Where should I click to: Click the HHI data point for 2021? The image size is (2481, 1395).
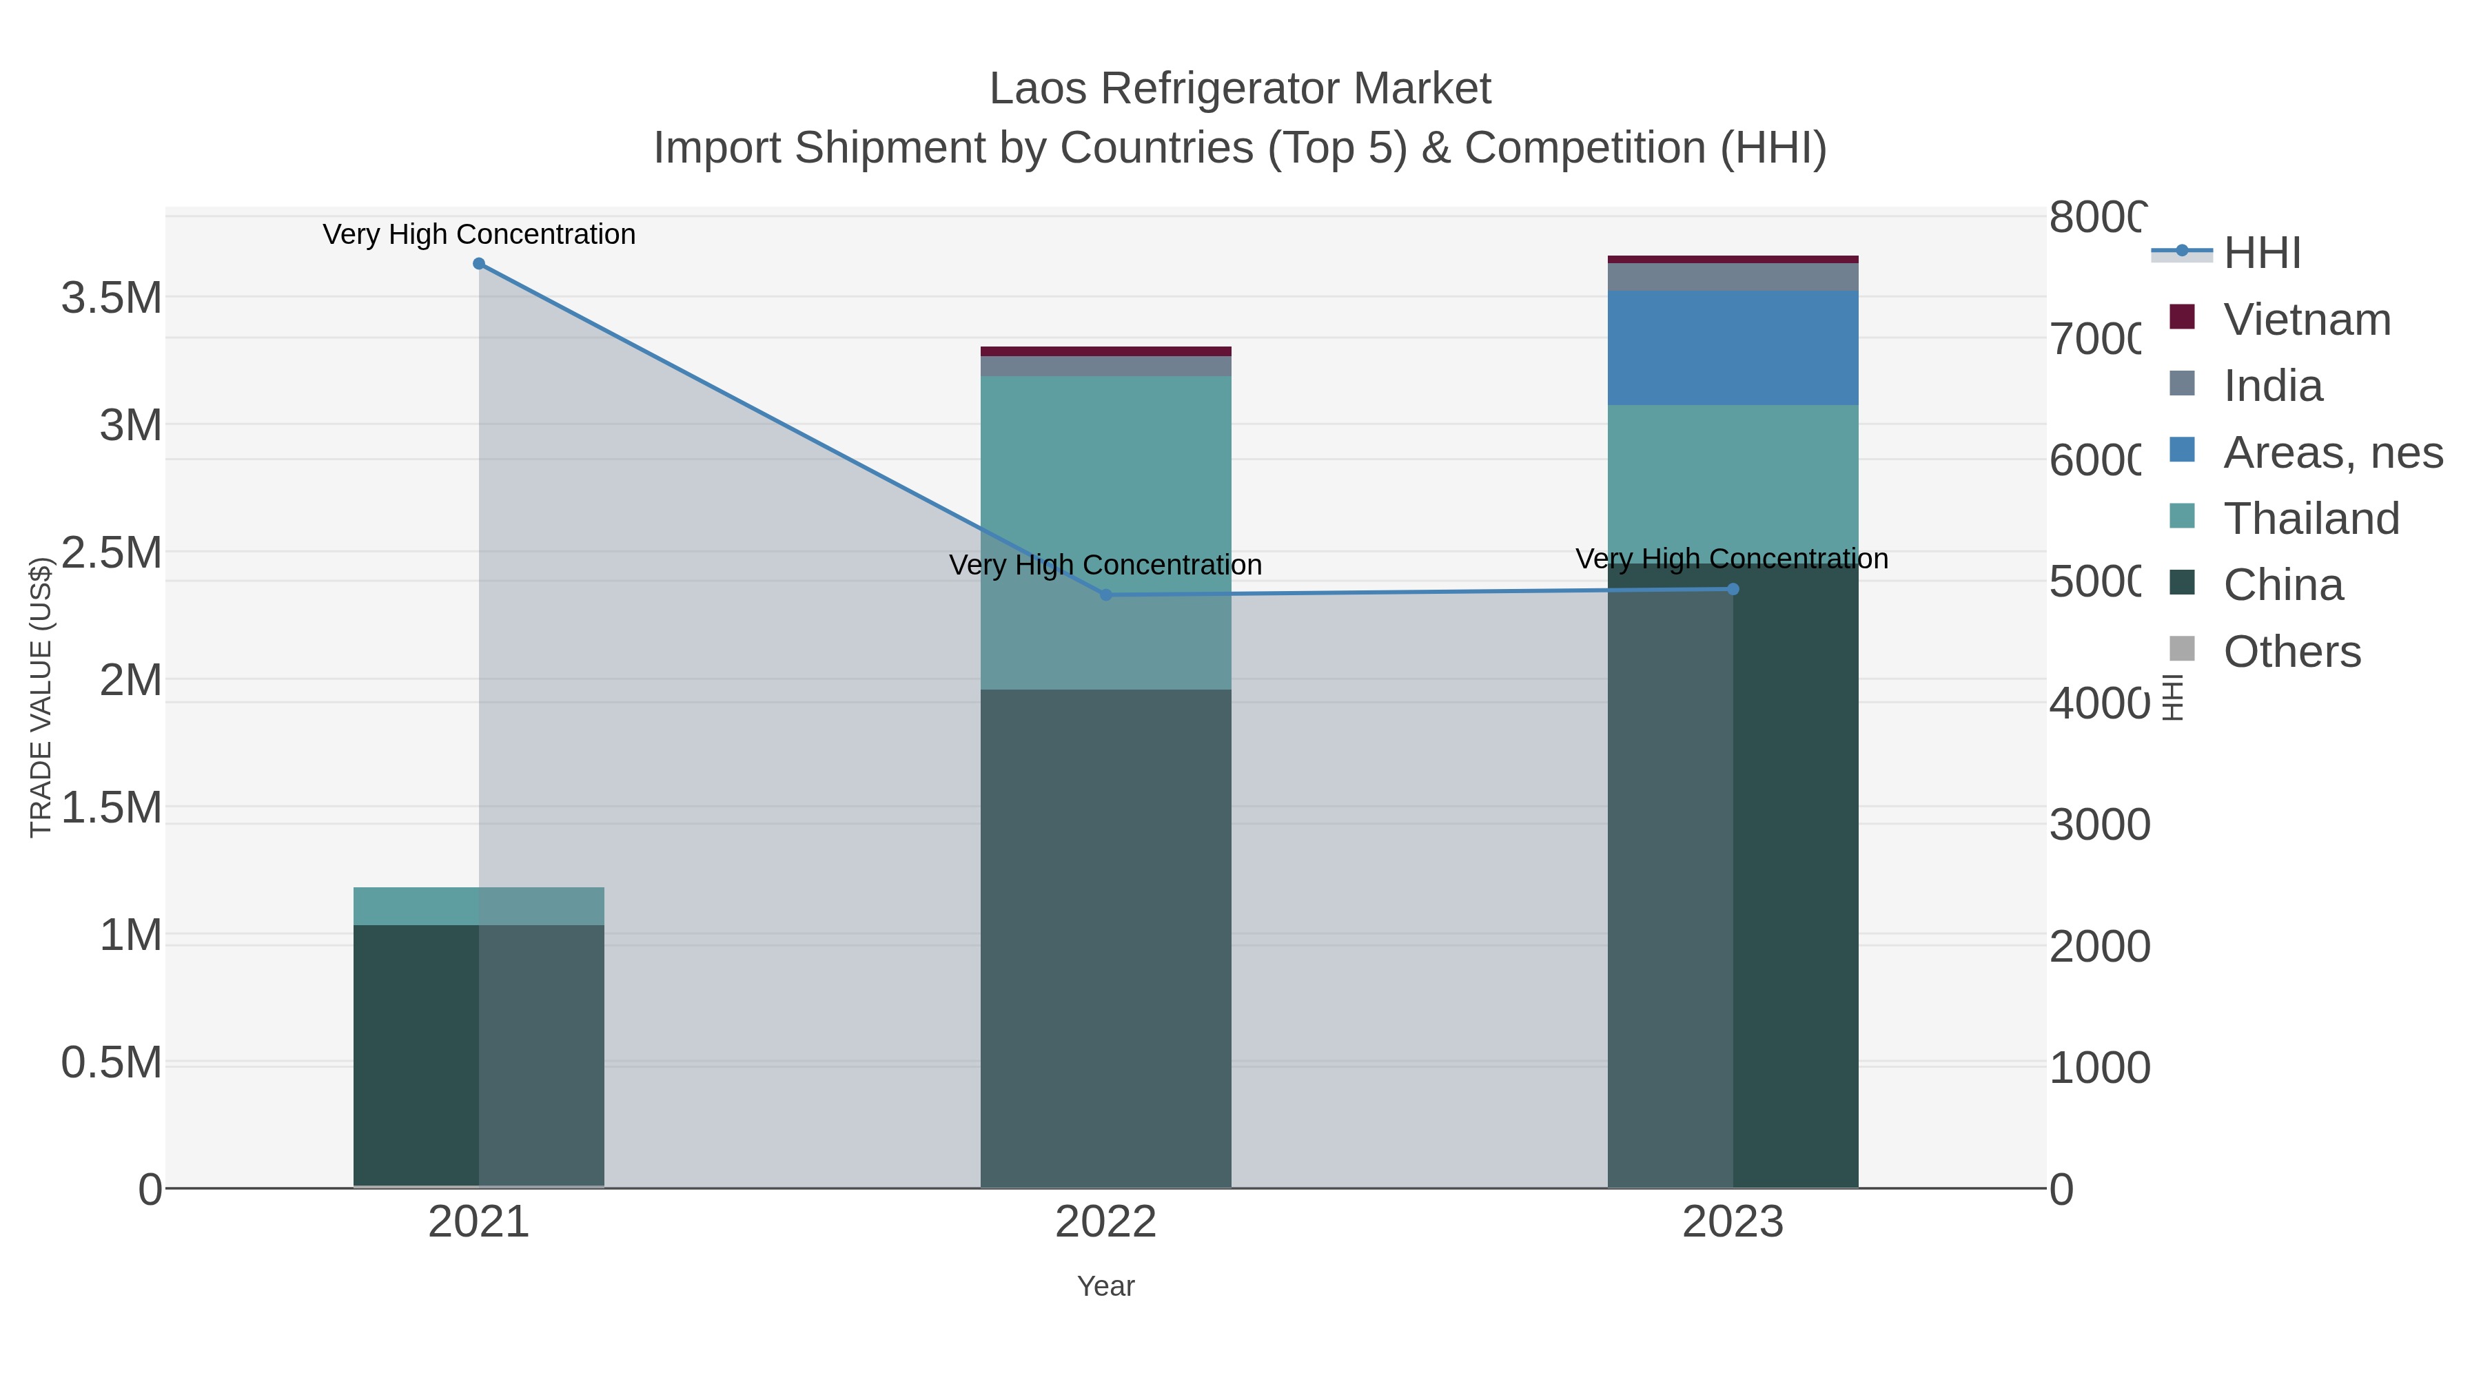click(x=479, y=264)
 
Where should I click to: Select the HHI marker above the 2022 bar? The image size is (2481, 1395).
click(x=1105, y=595)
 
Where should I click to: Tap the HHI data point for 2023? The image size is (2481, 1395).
click(x=1733, y=589)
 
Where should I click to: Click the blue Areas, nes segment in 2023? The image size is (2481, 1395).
click(x=1733, y=348)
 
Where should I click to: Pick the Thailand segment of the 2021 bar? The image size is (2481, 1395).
click(x=479, y=906)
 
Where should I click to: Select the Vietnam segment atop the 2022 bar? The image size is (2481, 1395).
click(x=1105, y=351)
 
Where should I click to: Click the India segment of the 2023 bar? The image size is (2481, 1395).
click(x=1733, y=276)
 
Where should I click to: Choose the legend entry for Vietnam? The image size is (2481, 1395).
click(x=2307, y=320)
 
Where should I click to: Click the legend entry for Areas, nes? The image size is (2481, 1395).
click(x=2331, y=453)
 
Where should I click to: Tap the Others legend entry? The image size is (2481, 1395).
click(x=2291, y=652)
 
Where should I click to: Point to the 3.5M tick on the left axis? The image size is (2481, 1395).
click(x=112, y=298)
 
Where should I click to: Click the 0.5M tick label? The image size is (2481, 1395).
click(x=112, y=1063)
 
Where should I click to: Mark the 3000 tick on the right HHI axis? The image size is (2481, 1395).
click(x=2099, y=825)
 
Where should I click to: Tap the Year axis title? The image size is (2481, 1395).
click(x=1105, y=1286)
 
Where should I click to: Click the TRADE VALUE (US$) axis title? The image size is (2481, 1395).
click(x=41, y=697)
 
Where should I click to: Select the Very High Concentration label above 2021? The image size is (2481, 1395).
click(x=479, y=235)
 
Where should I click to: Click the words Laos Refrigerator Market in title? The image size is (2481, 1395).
click(x=1240, y=90)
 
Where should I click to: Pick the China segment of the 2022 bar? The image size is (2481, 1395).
click(x=1105, y=939)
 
